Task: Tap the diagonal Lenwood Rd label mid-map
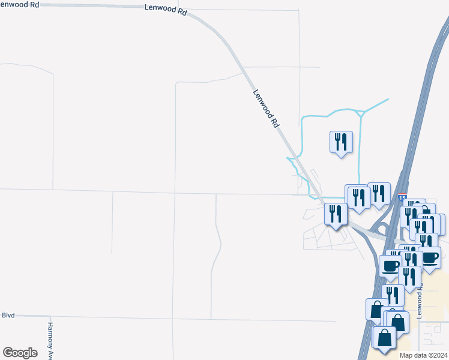click(267, 109)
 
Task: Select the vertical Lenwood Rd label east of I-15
click(420, 301)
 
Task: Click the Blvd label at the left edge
click(8, 314)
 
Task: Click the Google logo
click(20, 352)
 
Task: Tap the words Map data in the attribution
click(413, 355)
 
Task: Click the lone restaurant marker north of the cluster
click(341, 142)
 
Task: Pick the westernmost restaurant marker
click(335, 214)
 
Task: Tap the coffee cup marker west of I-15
click(390, 266)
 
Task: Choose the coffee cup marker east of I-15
click(430, 257)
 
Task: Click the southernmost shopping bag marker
click(384, 338)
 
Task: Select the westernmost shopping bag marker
click(376, 308)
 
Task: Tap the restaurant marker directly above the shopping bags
click(393, 295)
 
